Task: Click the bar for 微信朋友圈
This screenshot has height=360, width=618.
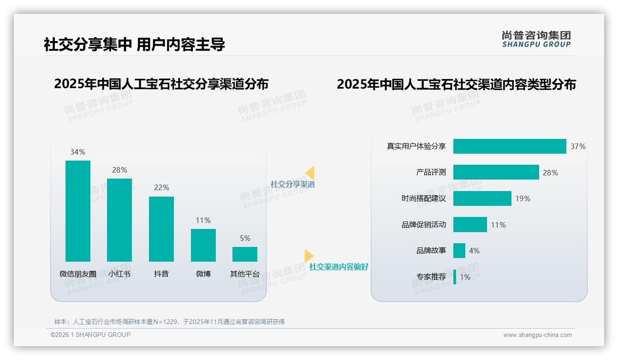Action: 78,211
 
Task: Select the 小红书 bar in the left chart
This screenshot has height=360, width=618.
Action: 119,220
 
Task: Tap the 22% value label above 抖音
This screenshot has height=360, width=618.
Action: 161,187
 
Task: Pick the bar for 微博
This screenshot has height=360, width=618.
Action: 203,245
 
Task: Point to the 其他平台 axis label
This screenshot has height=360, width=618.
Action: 245,274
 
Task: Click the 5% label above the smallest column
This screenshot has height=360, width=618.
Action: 245,238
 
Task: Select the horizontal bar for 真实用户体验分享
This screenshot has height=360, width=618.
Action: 509,146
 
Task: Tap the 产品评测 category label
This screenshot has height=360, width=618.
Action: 431,172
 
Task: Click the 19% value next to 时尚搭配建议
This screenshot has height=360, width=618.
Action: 523,198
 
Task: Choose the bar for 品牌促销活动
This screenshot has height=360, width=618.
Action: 470,225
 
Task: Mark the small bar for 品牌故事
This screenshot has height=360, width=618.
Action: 459,251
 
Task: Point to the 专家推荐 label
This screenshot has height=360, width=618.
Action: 431,277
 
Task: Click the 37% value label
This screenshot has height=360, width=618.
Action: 578,146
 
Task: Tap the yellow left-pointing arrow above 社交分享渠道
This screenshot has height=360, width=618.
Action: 310,173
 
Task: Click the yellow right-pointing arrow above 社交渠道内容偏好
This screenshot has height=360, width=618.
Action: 309,255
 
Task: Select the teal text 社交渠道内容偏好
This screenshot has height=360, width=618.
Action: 339,267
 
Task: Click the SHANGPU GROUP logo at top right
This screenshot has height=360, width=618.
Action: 536,39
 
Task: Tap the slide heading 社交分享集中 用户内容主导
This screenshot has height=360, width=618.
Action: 134,44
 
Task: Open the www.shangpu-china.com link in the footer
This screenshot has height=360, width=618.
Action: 537,335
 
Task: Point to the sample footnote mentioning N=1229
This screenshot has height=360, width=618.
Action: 169,322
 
